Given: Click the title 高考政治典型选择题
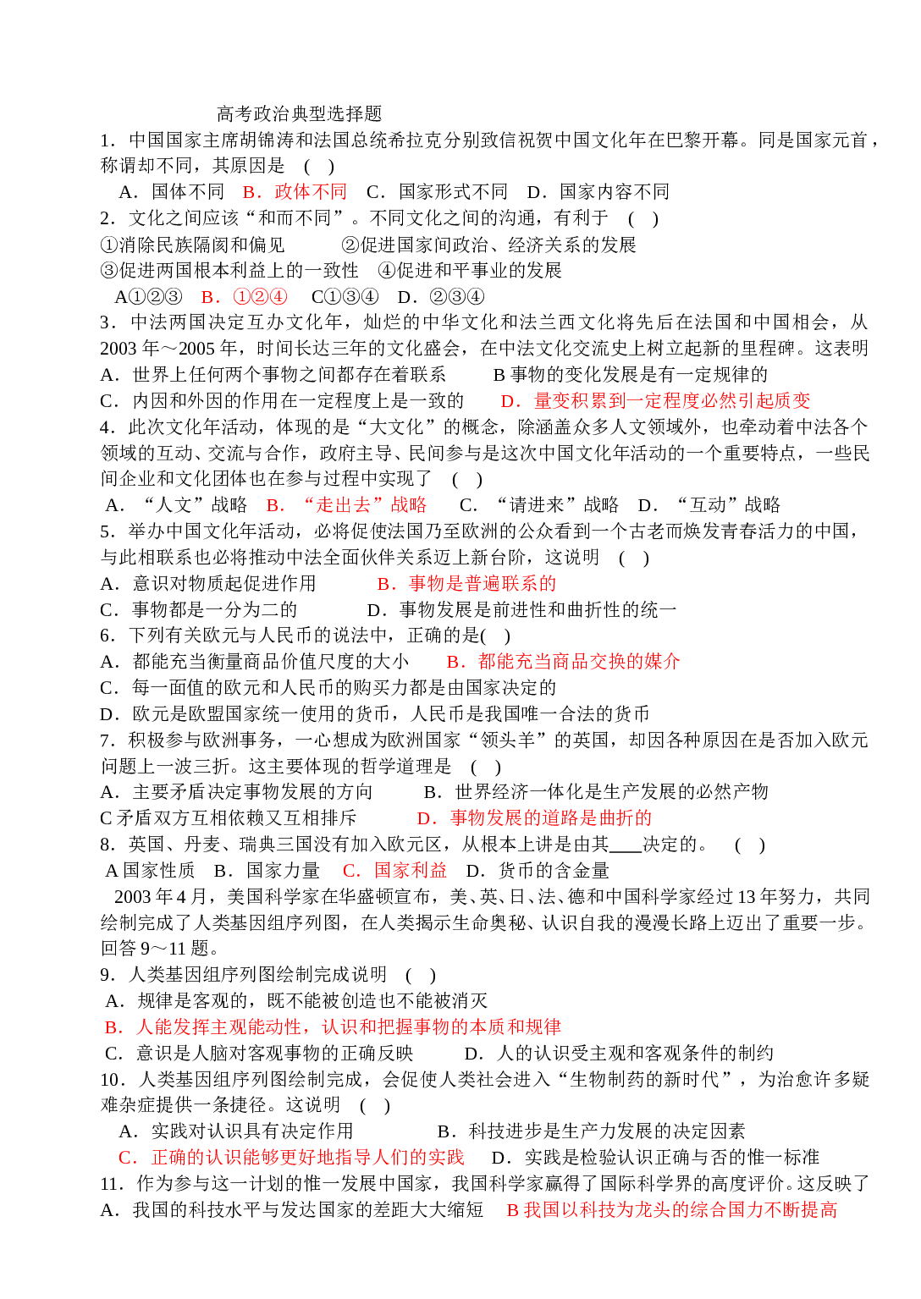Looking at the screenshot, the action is [x=300, y=113].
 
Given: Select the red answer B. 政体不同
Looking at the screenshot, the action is [x=295, y=192].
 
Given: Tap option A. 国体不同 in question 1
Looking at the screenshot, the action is [x=172, y=192].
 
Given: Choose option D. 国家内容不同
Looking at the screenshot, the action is [x=598, y=192].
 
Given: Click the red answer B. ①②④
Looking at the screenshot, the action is [x=244, y=297].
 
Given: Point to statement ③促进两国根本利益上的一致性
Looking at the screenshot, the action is [x=229, y=270].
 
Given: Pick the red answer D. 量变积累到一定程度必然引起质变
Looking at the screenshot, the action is [x=655, y=401].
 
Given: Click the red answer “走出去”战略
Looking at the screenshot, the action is [x=365, y=505].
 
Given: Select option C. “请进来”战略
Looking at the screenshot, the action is [x=539, y=505].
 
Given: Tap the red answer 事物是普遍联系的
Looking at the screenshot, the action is [x=483, y=583].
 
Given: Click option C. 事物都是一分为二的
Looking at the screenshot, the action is [x=199, y=609].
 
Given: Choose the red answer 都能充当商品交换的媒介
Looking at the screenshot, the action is [x=579, y=662].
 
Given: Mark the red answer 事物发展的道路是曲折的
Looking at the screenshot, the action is [x=551, y=818].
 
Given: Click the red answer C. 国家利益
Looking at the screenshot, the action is [x=395, y=871].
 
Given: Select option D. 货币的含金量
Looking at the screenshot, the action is [x=538, y=871].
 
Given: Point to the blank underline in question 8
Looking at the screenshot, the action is [x=626, y=851].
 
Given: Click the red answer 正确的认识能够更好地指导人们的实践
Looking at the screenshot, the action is [x=308, y=1158].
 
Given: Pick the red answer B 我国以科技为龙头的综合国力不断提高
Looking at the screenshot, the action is [x=672, y=1209].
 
